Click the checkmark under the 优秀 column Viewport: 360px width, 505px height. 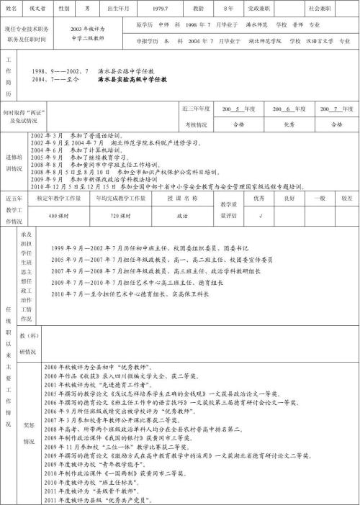click(260, 214)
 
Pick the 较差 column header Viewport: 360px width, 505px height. click(347, 196)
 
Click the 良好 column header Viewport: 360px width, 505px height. click(289, 196)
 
